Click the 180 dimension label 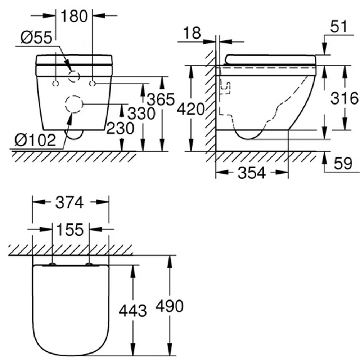pyautogui.click(x=74, y=16)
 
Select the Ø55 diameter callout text pyautogui.click(x=36, y=37)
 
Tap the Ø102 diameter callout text pyautogui.click(x=35, y=140)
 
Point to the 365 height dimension pyautogui.click(x=161, y=99)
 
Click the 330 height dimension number pyautogui.click(x=141, y=114)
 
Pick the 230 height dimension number pyautogui.click(x=120, y=128)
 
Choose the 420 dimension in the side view pyautogui.click(x=191, y=109)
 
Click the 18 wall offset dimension pyautogui.click(x=192, y=33)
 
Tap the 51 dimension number pyautogui.click(x=338, y=26)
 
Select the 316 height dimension pyautogui.click(x=345, y=98)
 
